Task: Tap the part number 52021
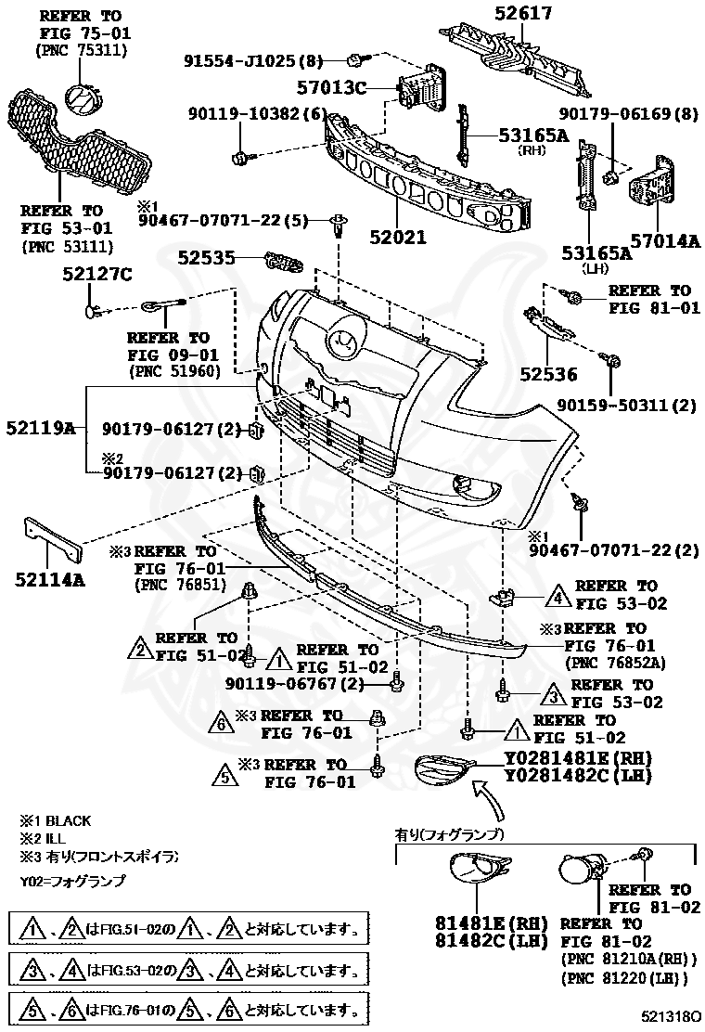coord(394,237)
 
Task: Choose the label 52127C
coord(97,274)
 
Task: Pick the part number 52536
coord(547,374)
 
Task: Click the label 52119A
coord(40,428)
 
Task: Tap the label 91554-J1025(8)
coord(252,61)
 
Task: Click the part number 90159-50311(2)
coord(626,405)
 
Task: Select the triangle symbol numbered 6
coord(222,721)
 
